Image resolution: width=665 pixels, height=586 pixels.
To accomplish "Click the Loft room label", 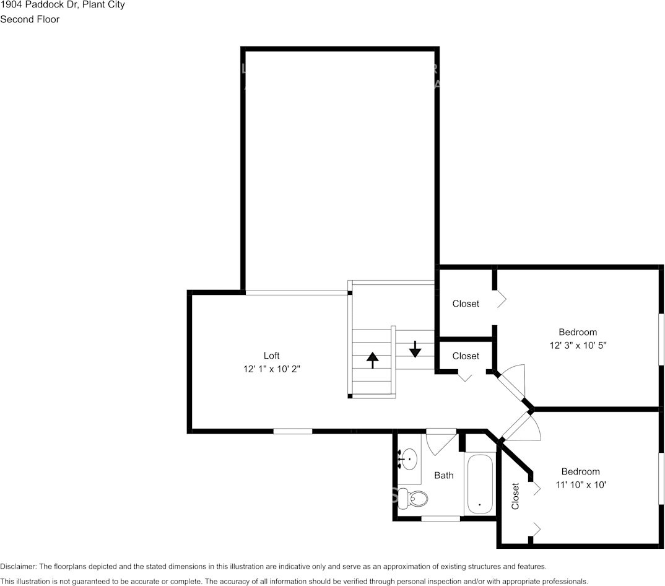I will coord(271,356).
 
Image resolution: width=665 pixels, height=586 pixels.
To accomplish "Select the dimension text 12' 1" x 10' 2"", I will coord(271,369).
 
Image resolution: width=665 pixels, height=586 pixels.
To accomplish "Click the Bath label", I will coord(443,475).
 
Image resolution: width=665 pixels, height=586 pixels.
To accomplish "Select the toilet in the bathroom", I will coord(414,497).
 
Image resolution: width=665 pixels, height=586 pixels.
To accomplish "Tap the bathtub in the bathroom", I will coord(480,484).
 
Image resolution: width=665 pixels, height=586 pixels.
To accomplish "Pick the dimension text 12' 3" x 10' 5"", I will coord(578,345).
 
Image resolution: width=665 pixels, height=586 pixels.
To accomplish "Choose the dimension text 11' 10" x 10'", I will coord(580,484).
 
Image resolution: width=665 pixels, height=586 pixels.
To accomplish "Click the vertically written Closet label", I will coord(515,496).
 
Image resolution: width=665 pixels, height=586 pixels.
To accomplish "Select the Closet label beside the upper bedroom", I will coord(466,304).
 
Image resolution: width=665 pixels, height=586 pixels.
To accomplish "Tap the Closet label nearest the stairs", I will coord(466,356).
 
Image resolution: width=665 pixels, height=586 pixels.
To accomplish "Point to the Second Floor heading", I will coord(30,19).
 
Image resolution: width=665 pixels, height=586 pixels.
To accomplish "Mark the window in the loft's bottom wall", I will coord(293,431).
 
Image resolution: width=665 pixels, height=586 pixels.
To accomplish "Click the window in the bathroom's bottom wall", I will coord(440,518).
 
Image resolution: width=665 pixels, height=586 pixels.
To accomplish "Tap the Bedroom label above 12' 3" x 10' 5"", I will coord(578,332).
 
